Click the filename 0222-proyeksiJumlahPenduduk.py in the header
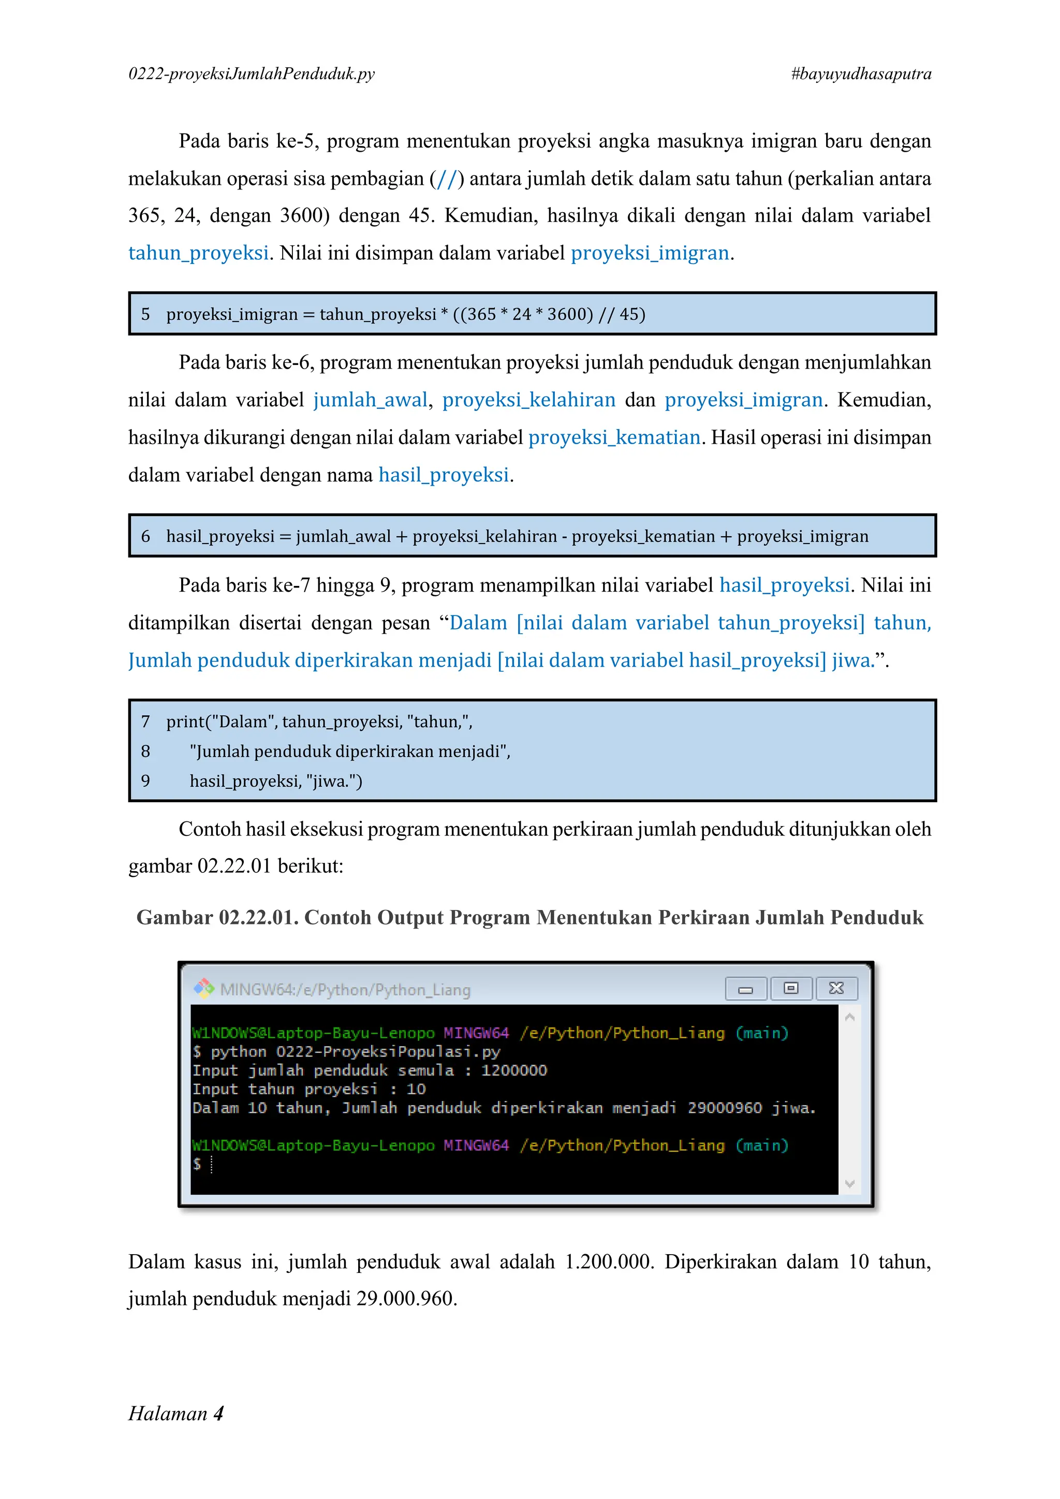click(252, 74)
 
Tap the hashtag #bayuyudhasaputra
click(861, 74)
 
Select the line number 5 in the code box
click(145, 315)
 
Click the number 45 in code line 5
click(628, 315)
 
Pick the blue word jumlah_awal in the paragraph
click(370, 400)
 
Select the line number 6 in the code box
click(145, 537)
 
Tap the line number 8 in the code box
click(145, 752)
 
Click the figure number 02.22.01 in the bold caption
click(258, 918)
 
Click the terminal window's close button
click(836, 989)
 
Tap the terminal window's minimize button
click(745, 989)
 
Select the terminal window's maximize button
click(791, 989)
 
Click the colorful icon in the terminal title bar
click(203, 989)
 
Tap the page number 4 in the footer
click(218, 1414)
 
